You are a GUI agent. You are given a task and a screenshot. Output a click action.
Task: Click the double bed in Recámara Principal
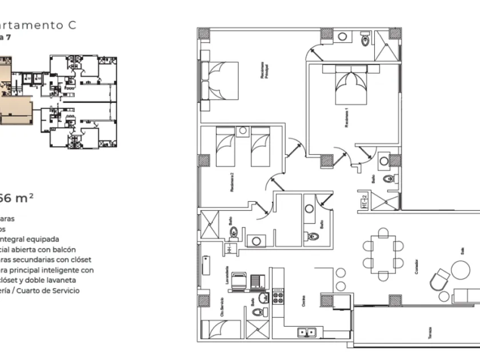(220, 81)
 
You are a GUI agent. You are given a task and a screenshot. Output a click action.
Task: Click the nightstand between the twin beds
(242, 131)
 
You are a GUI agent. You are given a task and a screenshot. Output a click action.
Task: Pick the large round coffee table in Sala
(461, 269)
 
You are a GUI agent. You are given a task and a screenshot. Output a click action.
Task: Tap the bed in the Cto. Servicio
(222, 330)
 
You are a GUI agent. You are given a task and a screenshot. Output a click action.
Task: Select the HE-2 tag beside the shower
(363, 201)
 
